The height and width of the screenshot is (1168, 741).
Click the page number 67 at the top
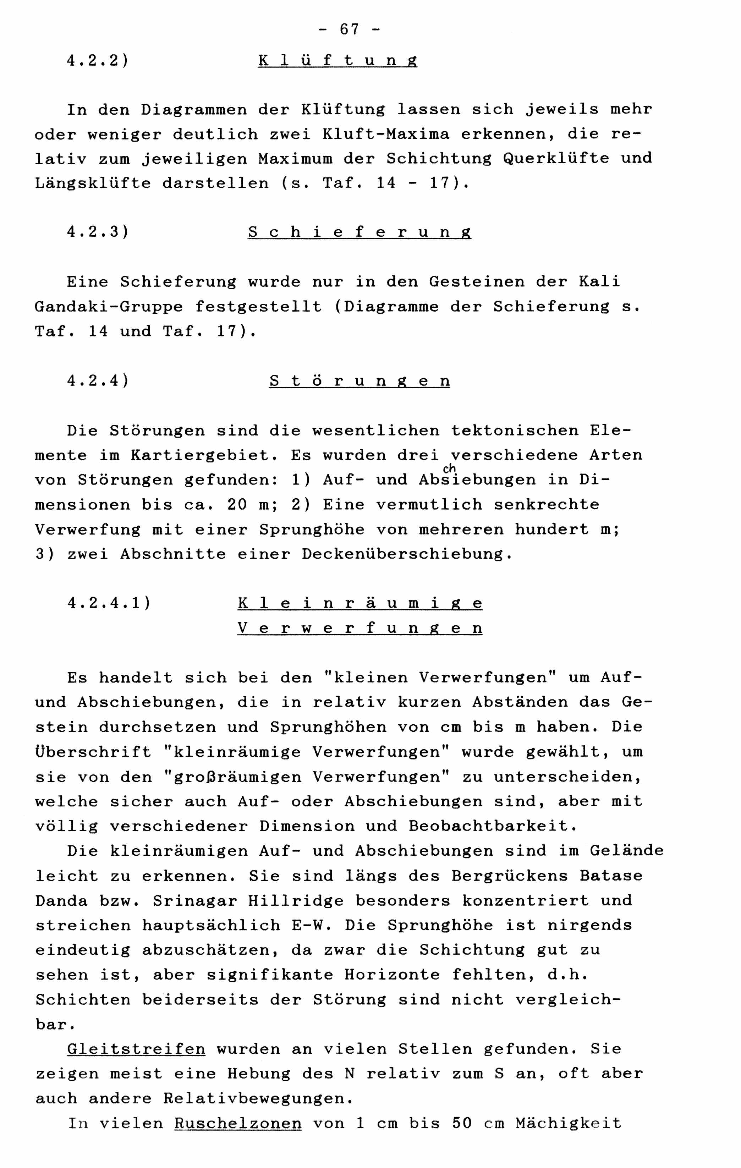tap(349, 29)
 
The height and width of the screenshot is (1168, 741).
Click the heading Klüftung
tap(337, 61)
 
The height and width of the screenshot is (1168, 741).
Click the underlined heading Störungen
tap(359, 381)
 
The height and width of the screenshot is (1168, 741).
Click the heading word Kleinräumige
tap(360, 603)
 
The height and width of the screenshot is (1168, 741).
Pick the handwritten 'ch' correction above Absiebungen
tap(449, 467)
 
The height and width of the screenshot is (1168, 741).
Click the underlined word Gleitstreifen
tap(136, 1049)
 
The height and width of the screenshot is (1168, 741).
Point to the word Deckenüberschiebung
tap(406, 554)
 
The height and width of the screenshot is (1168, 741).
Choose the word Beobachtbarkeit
tap(492, 826)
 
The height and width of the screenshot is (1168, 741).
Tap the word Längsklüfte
tap(93, 183)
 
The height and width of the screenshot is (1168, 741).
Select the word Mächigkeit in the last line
tap(569, 1123)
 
